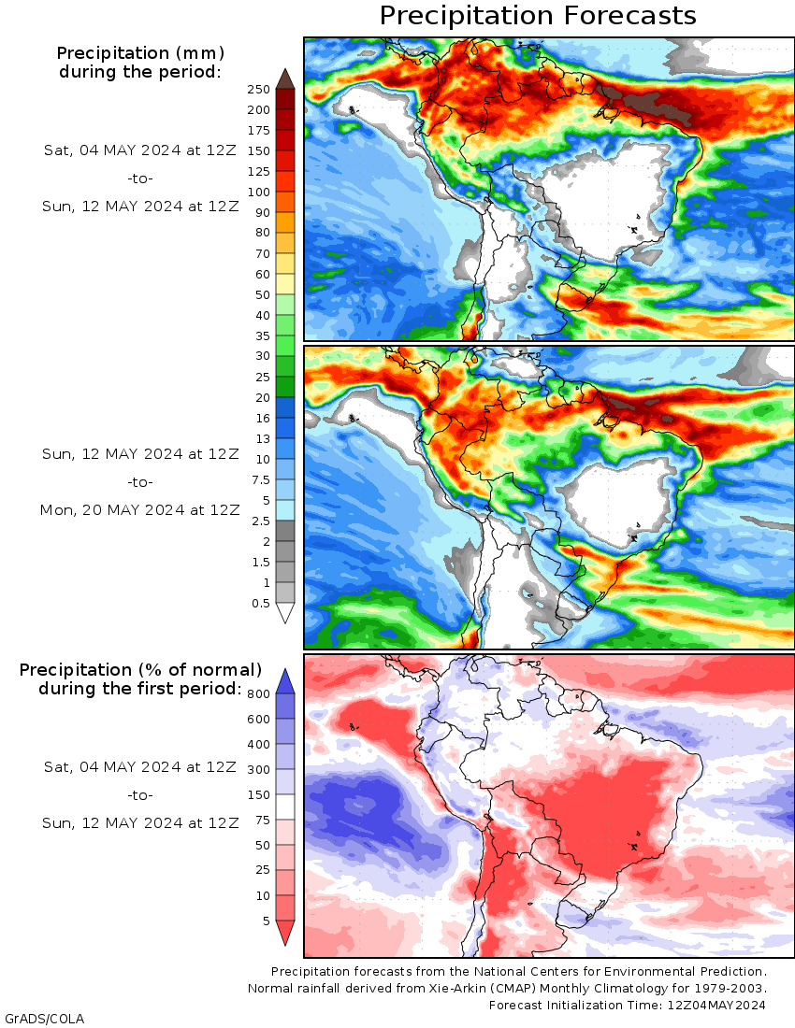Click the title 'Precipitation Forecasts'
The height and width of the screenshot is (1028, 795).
[538, 16]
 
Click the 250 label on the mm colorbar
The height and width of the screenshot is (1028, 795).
[258, 89]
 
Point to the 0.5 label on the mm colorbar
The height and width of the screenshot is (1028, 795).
[260, 603]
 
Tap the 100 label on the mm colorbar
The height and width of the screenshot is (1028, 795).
[258, 193]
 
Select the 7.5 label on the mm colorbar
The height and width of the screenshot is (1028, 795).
[260, 480]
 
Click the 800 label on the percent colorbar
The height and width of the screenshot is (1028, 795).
[258, 693]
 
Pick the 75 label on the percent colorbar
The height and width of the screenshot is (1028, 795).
[263, 821]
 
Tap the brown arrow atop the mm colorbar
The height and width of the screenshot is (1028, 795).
[285, 78]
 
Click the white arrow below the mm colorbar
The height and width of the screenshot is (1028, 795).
[285, 613]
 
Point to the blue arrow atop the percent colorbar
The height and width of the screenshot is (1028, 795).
[285, 681]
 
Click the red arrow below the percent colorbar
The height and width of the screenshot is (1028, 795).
[285, 933]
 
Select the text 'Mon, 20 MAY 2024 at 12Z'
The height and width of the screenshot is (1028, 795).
[139, 510]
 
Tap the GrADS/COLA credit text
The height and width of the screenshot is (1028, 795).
[45, 1019]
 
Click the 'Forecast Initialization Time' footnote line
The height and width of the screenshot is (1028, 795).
[627, 1005]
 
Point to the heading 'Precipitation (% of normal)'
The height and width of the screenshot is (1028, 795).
[140, 670]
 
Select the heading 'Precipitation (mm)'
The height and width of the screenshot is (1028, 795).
[140, 53]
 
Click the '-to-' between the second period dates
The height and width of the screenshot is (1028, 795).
[139, 482]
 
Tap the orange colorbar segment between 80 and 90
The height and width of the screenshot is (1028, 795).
[285, 222]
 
